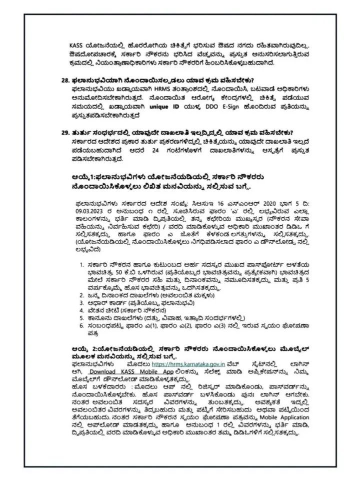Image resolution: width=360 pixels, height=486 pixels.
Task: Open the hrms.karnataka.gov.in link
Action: coord(187,365)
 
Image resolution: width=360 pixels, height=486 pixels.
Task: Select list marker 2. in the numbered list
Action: coord(82,295)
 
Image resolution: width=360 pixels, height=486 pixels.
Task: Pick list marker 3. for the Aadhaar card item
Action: coord(82,303)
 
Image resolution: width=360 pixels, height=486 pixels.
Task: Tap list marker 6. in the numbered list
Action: coord(82,326)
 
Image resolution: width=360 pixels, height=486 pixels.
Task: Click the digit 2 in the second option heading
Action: coord(90,349)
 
